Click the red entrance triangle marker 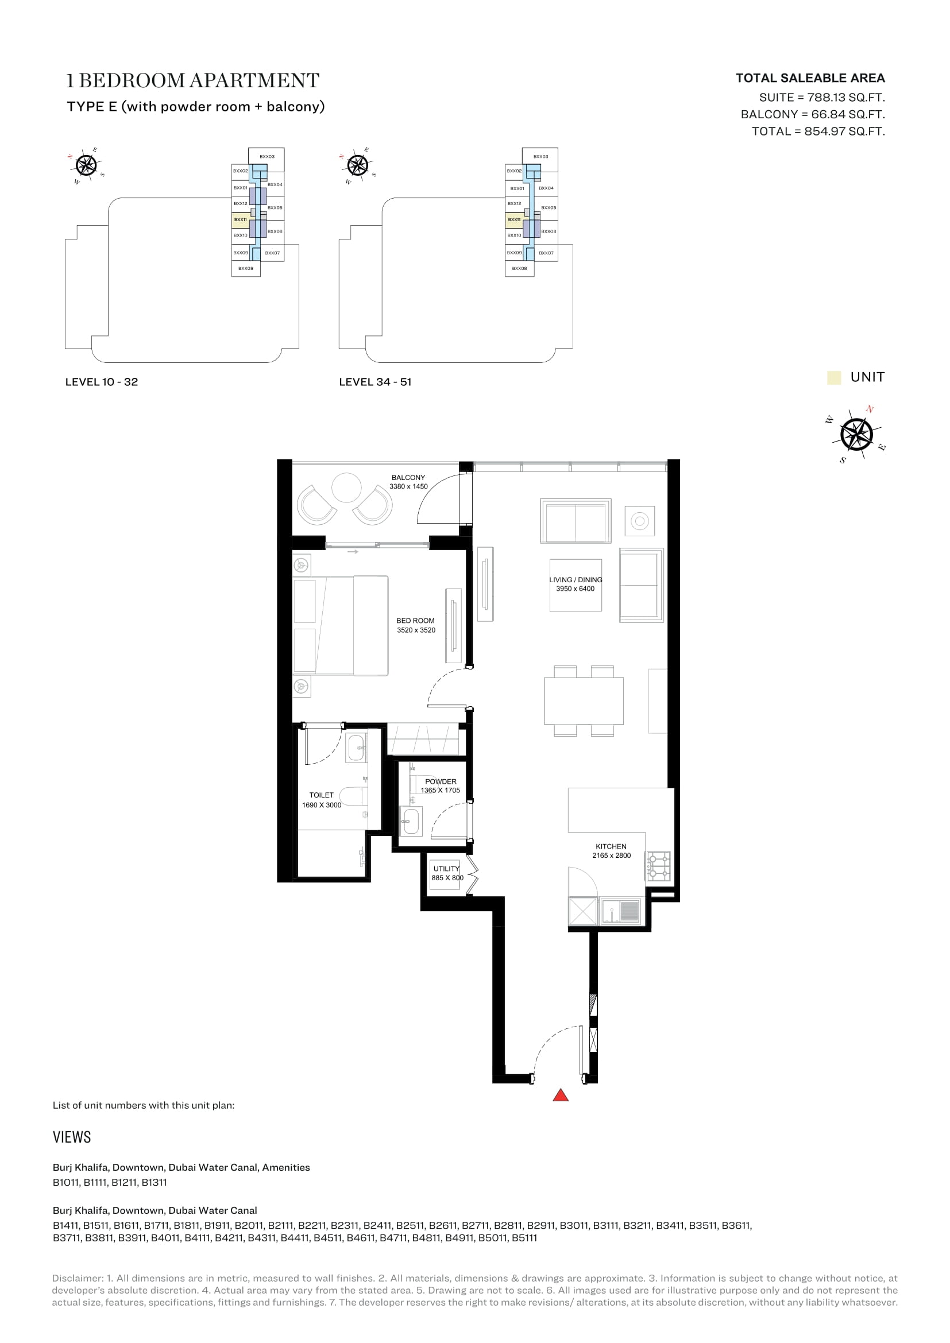[561, 1095]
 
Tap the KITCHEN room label [611, 846]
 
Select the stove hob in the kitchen [658, 866]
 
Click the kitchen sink [621, 911]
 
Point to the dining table [583, 700]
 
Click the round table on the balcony [347, 488]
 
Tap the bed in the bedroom [341, 625]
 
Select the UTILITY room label [446, 869]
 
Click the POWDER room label [441, 781]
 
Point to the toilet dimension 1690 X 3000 [321, 805]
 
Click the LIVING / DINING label [576, 580]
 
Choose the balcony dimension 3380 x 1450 [408, 487]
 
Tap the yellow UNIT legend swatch [833, 377]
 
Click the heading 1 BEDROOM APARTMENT [193, 81]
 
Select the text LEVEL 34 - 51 [375, 382]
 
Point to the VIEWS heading [72, 1137]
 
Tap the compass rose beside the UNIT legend [856, 434]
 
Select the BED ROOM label [415, 621]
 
